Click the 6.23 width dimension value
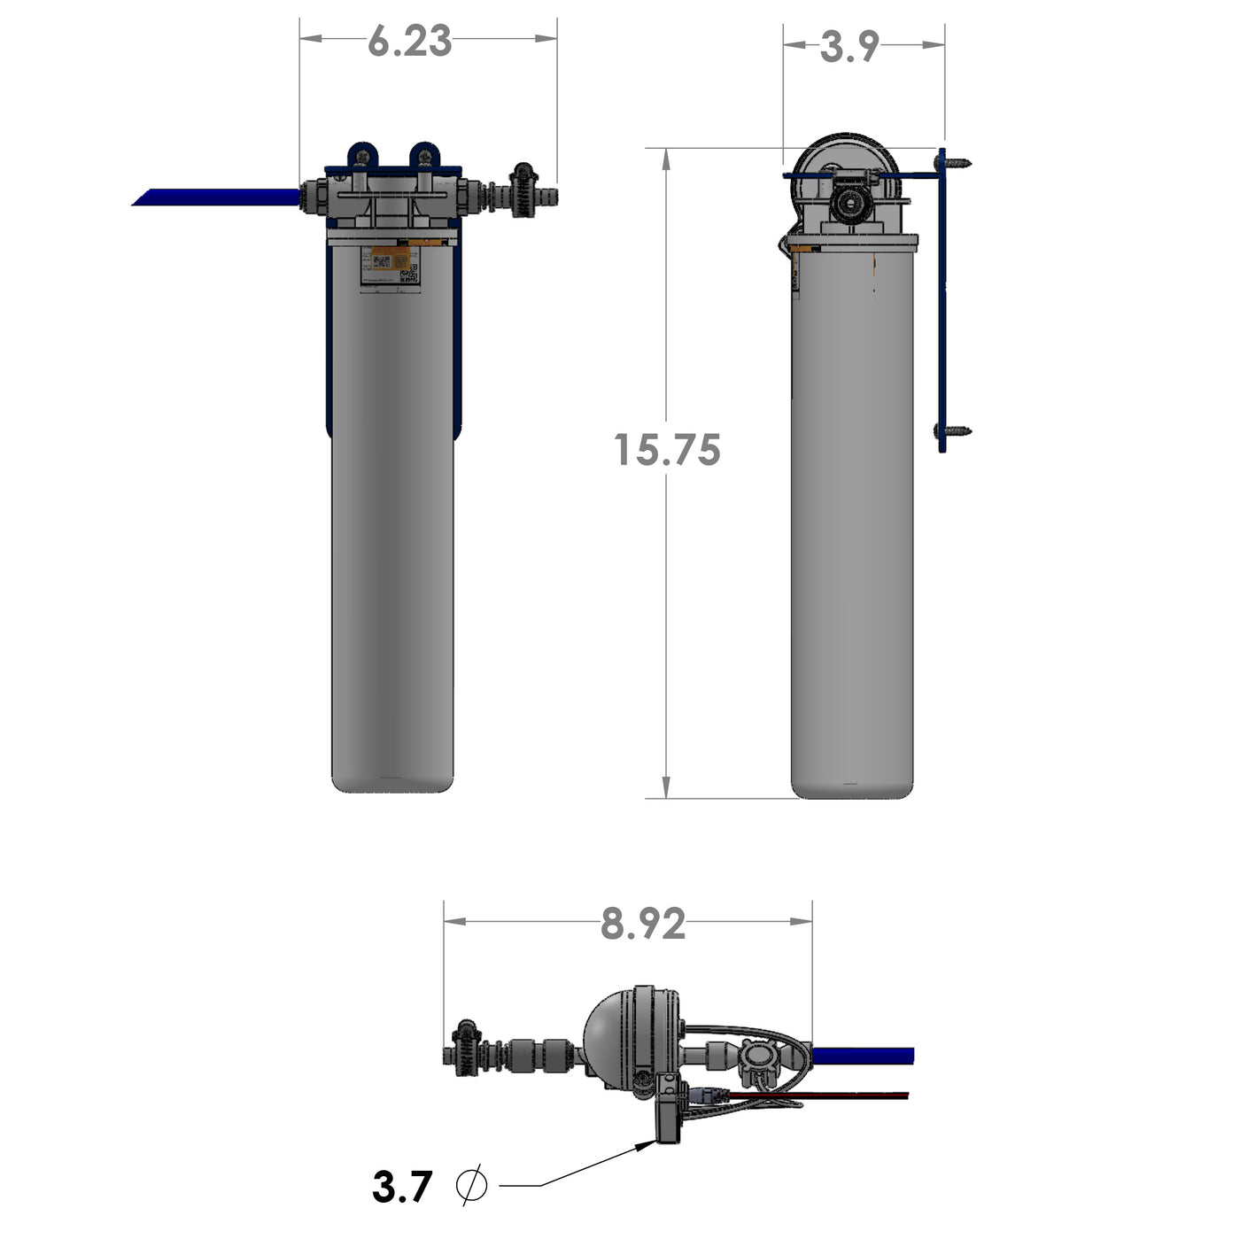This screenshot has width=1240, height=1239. (409, 42)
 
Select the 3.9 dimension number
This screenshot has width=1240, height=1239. (849, 47)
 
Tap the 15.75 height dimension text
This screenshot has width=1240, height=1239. (667, 450)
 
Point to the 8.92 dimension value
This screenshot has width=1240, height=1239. (643, 925)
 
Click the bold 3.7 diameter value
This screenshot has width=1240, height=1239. (402, 1187)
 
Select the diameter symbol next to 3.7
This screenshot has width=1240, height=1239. (471, 1185)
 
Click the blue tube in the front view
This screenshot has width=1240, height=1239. (217, 197)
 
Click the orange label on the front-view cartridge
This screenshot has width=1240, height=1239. (390, 260)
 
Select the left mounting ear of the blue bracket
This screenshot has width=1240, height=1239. (361, 156)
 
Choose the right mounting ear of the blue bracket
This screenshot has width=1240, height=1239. (424, 156)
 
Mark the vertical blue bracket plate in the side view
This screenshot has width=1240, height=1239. (942, 301)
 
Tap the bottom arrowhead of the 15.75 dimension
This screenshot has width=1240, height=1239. (666, 787)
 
